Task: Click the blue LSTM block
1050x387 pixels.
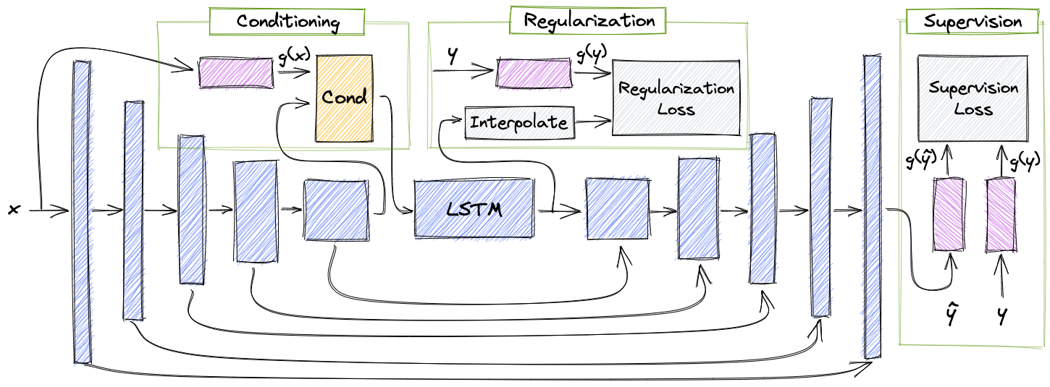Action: click(x=474, y=208)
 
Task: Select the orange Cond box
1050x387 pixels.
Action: click(x=345, y=98)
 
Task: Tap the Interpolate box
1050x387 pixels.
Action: click(x=519, y=123)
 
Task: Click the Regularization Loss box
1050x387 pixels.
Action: click(x=676, y=98)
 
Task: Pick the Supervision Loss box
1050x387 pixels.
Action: click(x=973, y=98)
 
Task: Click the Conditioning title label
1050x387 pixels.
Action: click(x=287, y=22)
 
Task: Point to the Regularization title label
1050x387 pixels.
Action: click(x=588, y=20)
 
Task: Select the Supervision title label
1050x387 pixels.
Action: click(x=973, y=22)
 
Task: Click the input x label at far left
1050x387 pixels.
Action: click(x=14, y=210)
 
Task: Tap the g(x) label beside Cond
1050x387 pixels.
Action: click(x=295, y=56)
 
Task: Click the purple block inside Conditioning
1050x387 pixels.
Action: click(x=236, y=72)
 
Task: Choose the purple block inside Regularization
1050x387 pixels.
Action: click(x=534, y=73)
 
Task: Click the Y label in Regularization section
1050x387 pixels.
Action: click(x=452, y=55)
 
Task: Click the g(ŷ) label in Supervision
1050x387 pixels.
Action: click(x=921, y=161)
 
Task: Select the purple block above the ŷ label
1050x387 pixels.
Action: click(x=949, y=214)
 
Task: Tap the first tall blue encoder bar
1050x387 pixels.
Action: click(x=82, y=212)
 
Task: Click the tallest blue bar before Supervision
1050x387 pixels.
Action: click(x=872, y=207)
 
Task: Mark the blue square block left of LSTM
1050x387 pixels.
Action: click(x=336, y=210)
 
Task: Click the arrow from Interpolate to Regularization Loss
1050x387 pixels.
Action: click(x=594, y=122)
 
